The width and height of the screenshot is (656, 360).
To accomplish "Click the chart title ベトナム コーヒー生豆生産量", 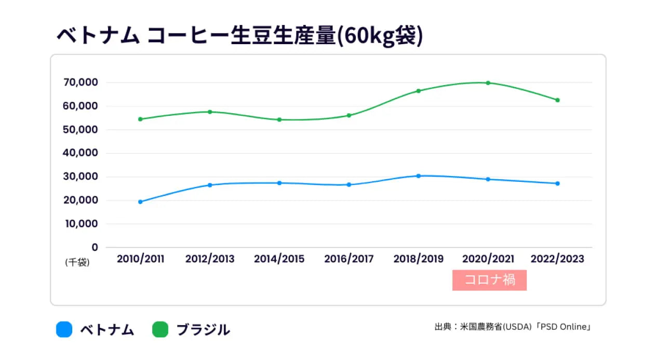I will pos(239,37).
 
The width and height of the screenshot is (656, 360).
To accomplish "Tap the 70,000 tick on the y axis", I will pos(81,83).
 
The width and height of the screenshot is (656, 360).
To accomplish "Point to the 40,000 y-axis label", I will pos(81,153).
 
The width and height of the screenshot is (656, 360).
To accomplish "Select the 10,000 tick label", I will pos(81,224).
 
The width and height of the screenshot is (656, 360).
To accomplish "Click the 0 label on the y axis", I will pos(95,247).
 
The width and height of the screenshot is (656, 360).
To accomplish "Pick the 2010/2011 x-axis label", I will pos(140,259).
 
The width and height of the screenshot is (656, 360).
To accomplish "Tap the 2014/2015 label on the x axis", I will pos(279,259).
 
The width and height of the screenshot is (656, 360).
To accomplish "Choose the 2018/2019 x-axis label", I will pos(418,259).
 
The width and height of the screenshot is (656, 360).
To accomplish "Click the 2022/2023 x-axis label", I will pos(557,259).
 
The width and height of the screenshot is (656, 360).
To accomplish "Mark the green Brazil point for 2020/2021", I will pos(488,83).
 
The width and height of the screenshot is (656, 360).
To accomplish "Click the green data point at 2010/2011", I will pos(140,119).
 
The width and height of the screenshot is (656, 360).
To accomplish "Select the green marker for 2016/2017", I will pos(349,115).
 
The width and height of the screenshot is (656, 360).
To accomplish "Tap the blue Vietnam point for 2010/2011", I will pos(140,202).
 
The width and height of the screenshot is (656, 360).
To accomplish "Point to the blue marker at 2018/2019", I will pos(419,176).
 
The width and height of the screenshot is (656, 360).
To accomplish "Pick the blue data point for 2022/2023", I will pos(557,183).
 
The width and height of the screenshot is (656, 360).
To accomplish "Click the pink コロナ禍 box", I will pos(489,280).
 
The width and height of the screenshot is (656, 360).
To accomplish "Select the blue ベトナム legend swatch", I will pos(64,329).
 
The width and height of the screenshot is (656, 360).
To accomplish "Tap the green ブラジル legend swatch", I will pos(160,329).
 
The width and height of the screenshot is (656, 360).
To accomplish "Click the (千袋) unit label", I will pos(77,263).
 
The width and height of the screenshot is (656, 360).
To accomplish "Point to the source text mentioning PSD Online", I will pos(513,327).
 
